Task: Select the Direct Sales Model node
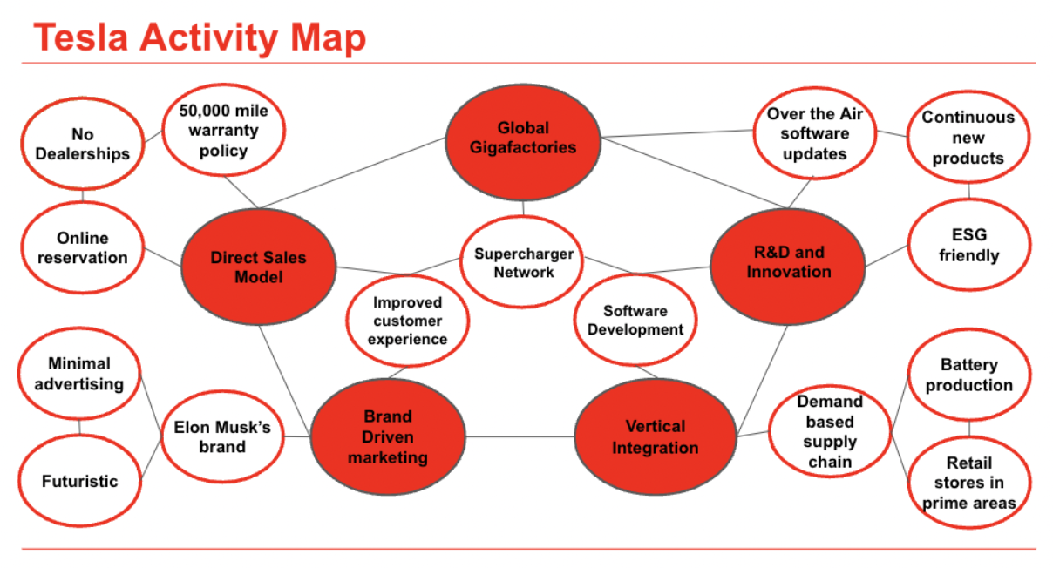259,267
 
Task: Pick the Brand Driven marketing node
388,437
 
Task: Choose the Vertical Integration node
655,437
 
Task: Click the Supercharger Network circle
523,263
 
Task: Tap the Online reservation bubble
83,248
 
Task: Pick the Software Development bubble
635,321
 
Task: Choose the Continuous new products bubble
968,138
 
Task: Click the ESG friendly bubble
968,245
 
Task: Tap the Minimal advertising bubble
79,374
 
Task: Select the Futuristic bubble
79,481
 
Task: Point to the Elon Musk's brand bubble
222,437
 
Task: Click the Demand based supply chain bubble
830,431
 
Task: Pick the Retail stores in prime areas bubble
968,483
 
